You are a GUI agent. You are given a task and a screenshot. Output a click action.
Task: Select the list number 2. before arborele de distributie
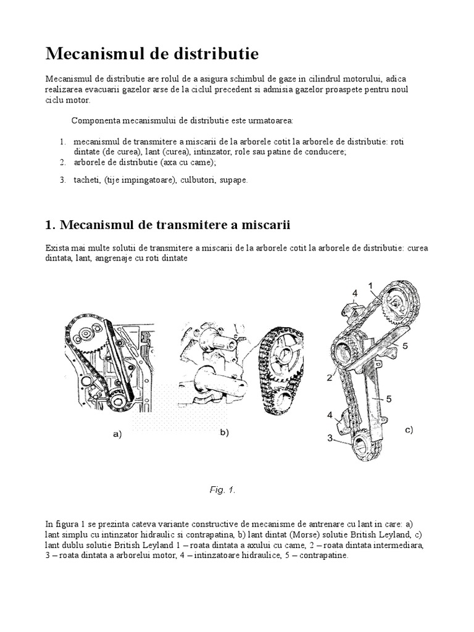tap(62, 162)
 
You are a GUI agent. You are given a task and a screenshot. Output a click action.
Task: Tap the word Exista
tap(56, 248)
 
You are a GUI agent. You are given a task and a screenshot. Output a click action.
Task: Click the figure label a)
tap(118, 434)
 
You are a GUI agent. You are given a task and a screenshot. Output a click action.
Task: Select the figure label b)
tap(225, 433)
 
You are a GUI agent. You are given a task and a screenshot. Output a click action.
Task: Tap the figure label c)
tap(409, 430)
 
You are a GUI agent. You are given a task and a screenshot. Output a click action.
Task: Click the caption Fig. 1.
tap(222, 490)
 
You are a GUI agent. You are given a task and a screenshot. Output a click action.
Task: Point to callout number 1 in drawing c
tap(371, 285)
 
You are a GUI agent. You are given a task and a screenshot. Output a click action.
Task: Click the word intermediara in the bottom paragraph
tap(400, 545)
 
